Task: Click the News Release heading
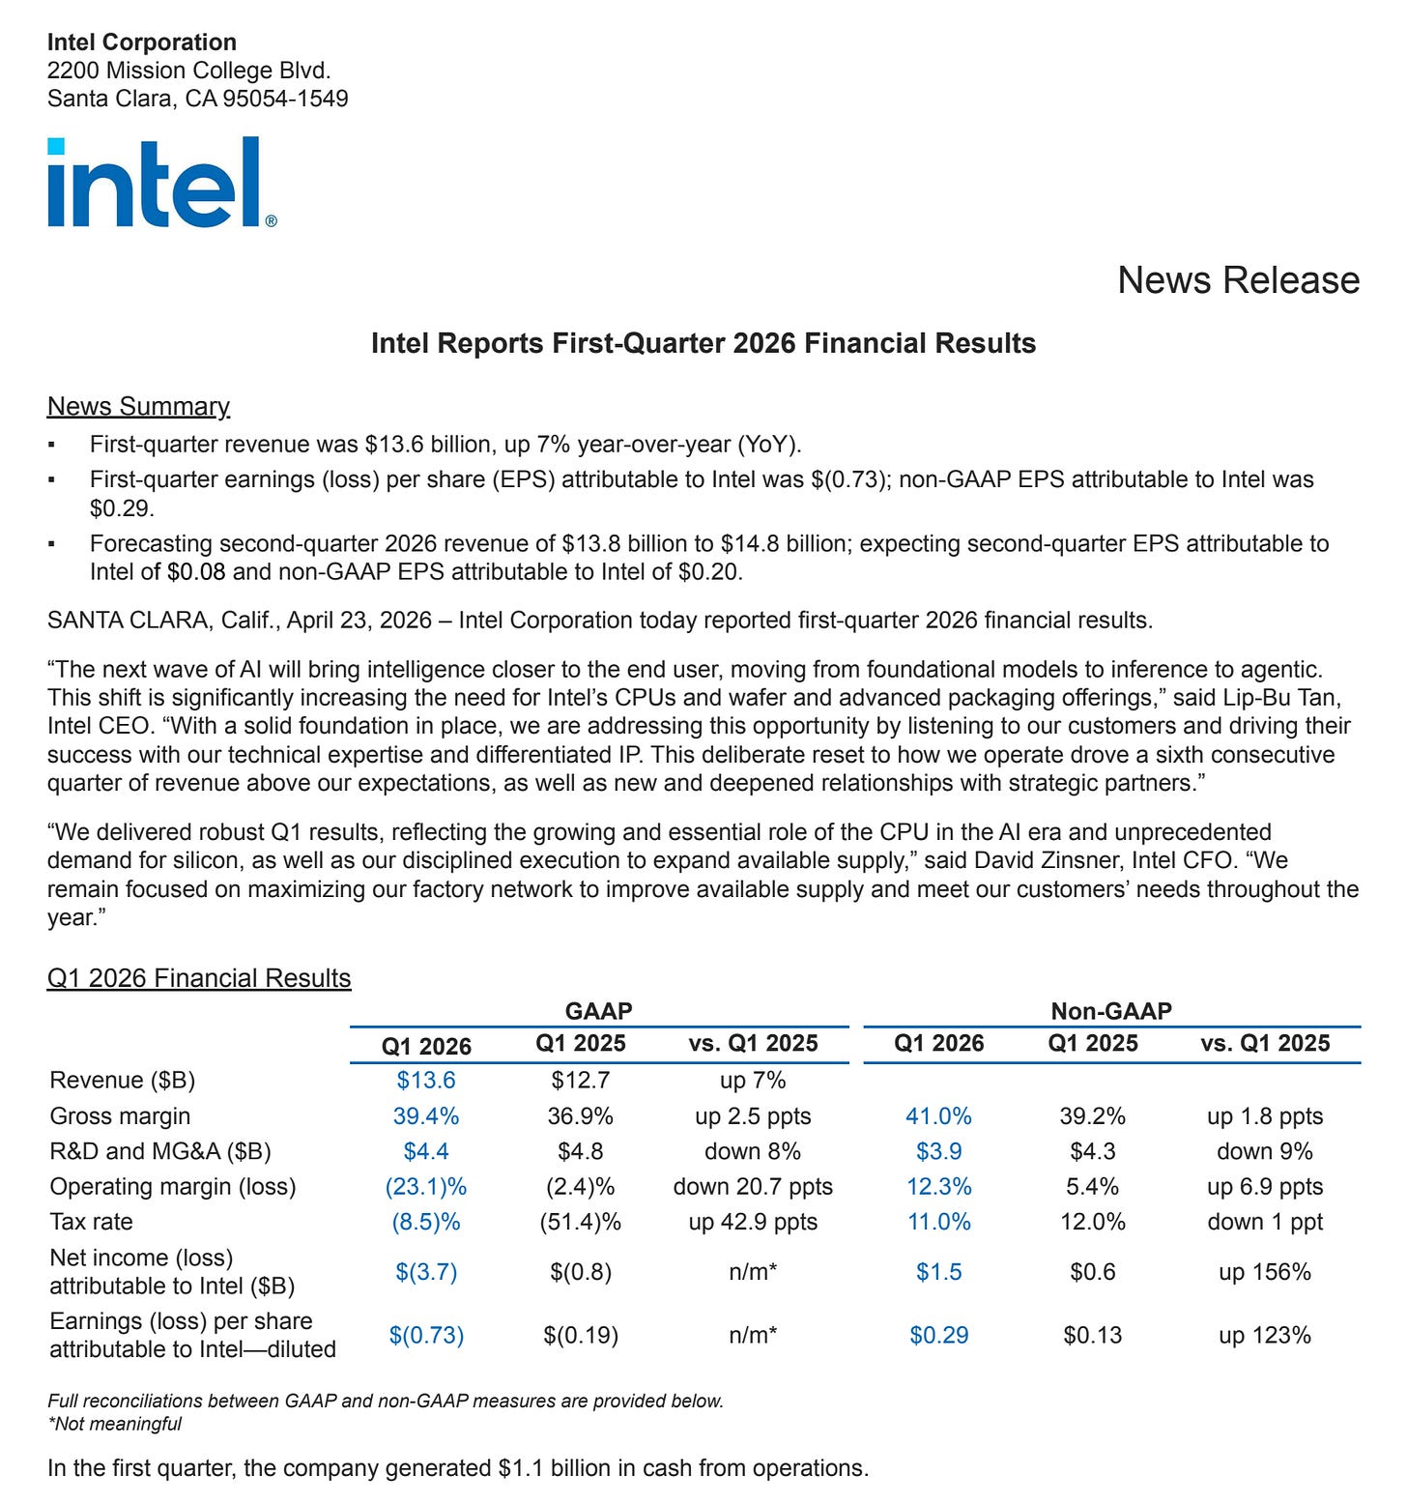1238,280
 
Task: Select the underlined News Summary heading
138,406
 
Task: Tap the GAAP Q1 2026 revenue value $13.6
426,1080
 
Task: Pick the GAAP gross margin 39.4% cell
426,1115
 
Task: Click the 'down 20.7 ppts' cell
753,1186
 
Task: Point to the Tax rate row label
91,1222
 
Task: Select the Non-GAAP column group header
1111,1011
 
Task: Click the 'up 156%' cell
1265,1272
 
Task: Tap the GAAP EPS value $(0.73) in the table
426,1335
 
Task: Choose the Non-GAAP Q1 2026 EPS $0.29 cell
938,1335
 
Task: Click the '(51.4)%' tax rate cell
580,1222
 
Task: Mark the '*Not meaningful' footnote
114,1423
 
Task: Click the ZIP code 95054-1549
285,99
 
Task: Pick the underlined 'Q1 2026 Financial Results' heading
199,978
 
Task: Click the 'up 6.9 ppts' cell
1265,1186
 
